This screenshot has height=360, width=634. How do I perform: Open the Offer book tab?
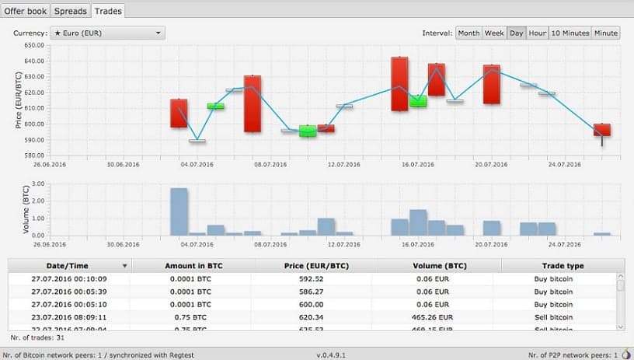pyautogui.click(x=26, y=11)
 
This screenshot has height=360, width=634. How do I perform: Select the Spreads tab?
pyautogui.click(x=71, y=11)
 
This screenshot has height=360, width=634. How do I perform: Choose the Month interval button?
pyautogui.click(x=469, y=33)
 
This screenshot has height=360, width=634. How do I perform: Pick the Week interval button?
pyautogui.click(x=494, y=33)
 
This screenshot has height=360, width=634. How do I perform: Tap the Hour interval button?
pyautogui.click(x=538, y=33)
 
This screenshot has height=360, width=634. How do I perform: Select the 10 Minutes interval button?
pyautogui.click(x=570, y=33)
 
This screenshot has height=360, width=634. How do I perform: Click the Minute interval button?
pyautogui.click(x=605, y=33)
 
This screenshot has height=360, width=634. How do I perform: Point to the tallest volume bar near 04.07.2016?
pyautogui.click(x=179, y=211)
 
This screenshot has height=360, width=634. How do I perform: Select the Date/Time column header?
pyautogui.click(x=68, y=266)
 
